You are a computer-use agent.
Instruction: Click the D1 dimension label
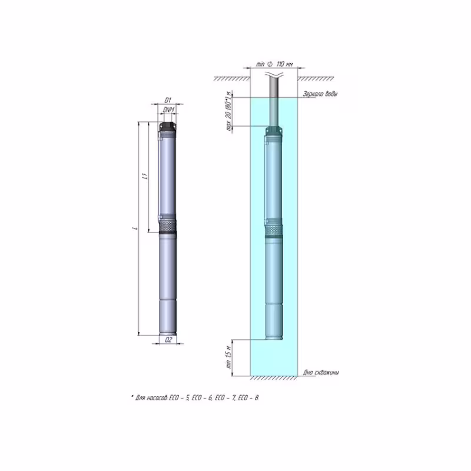167,101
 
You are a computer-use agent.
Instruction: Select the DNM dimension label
167,110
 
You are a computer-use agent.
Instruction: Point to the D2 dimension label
168,340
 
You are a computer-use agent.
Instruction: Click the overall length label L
135,229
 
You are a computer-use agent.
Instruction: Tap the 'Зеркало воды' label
320,94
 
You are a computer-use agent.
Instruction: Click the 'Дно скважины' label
321,373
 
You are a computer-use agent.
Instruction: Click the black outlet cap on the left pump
167,127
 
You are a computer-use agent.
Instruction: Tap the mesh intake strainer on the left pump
167,224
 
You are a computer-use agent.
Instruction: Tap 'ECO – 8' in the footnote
250,399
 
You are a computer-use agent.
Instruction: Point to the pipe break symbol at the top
274,75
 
